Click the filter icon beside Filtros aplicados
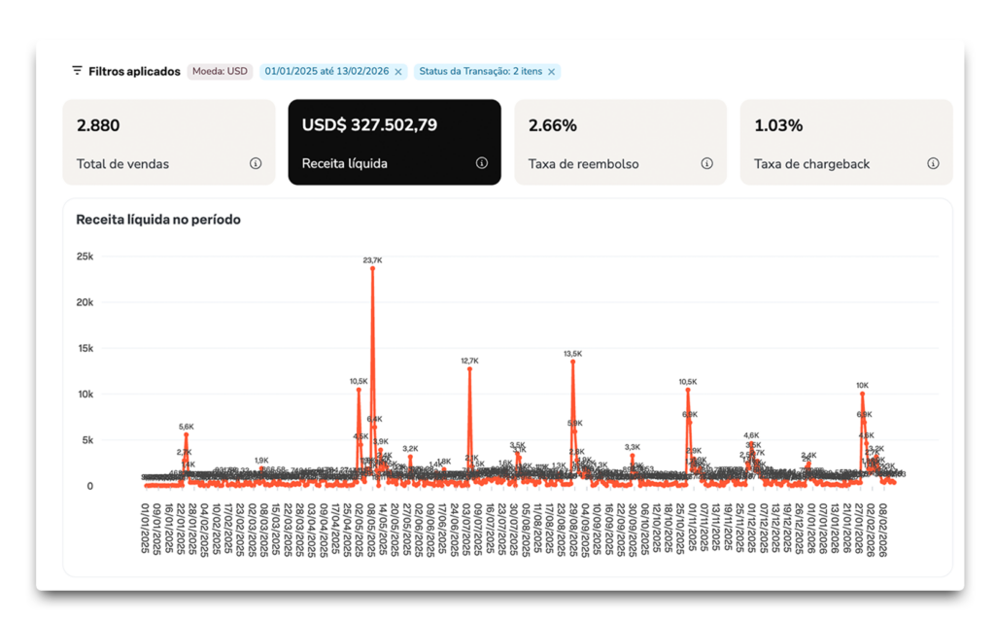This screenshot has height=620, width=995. pyautogui.click(x=77, y=71)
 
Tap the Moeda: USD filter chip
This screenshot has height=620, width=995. pyautogui.click(x=220, y=71)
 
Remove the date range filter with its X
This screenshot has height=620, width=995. pyautogui.click(x=398, y=71)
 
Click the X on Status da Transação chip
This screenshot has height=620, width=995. pyautogui.click(x=551, y=71)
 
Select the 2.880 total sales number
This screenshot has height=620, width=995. pyautogui.click(x=98, y=125)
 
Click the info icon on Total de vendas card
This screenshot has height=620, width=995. pyautogui.click(x=256, y=163)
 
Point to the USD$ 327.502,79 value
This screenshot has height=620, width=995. pyautogui.click(x=369, y=125)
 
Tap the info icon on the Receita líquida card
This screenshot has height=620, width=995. pyautogui.click(x=482, y=163)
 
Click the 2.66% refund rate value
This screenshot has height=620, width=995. pyautogui.click(x=553, y=125)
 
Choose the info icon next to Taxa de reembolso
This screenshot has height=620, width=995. pyautogui.click(x=707, y=163)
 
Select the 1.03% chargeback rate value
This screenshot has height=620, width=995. pyautogui.click(x=778, y=125)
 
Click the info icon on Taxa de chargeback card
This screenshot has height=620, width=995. pyautogui.click(x=933, y=163)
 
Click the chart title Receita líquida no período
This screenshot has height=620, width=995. pyautogui.click(x=158, y=220)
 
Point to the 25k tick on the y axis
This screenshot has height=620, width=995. pyautogui.click(x=85, y=257)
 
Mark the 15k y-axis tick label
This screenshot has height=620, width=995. pyautogui.click(x=85, y=348)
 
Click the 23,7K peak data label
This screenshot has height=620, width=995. pyautogui.click(x=372, y=260)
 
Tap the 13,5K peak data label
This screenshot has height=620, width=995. pyautogui.click(x=573, y=354)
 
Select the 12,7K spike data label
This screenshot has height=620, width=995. pyautogui.click(x=469, y=361)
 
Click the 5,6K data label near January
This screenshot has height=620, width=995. pyautogui.click(x=187, y=427)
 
